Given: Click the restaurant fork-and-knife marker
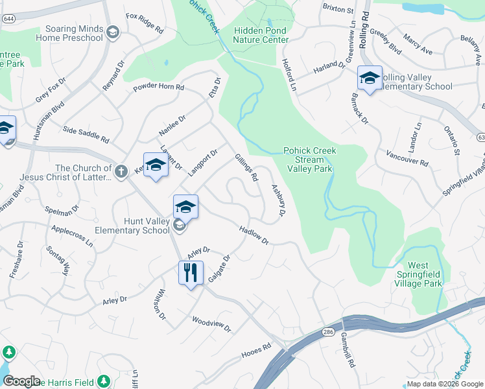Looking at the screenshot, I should click(191, 272).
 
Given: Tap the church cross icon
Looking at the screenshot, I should click(121, 171).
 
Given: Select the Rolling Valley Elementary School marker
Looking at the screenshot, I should click(370, 78).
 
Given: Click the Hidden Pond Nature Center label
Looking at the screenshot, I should click(261, 35).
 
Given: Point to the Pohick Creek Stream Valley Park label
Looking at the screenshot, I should click(309, 159).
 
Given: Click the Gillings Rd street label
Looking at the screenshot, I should click(247, 167).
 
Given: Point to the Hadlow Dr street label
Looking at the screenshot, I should click(254, 235).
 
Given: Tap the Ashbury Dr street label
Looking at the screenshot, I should click(278, 202).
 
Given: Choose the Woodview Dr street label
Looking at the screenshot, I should click(211, 324).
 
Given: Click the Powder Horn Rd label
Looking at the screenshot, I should click(159, 88).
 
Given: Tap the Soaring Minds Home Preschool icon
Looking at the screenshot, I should click(113, 33).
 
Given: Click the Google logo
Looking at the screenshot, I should click(22, 381).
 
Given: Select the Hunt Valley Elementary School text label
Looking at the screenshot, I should click(132, 226).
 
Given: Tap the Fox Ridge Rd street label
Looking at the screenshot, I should click(145, 23).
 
